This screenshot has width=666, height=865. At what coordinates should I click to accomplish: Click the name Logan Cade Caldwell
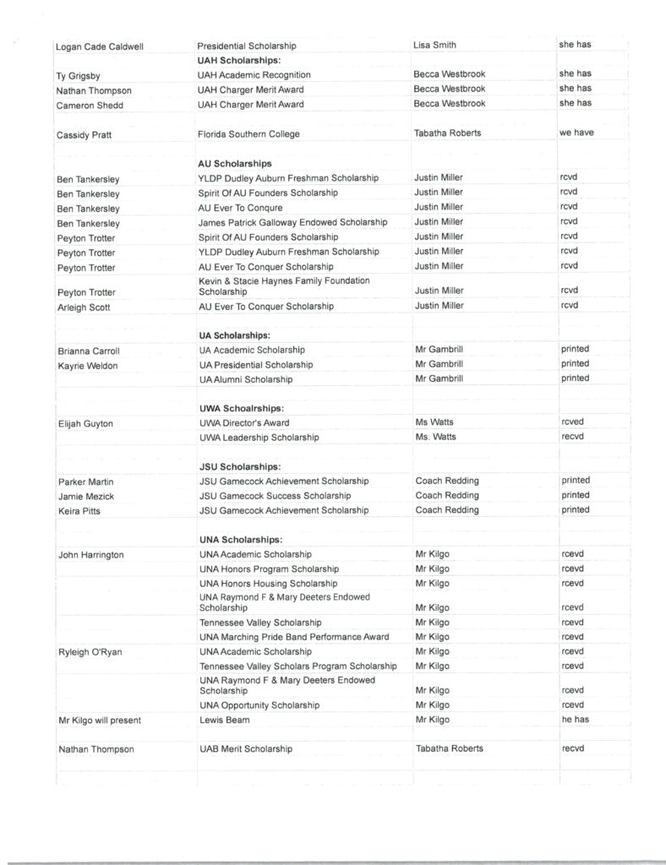point(100,46)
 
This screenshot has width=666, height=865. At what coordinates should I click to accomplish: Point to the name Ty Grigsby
point(78,75)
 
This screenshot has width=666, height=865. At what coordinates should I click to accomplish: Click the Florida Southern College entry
point(248,133)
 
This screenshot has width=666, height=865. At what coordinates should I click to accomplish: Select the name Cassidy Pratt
point(86,133)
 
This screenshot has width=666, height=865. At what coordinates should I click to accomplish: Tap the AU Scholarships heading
point(234,163)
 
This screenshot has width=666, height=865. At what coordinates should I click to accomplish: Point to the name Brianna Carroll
point(88,351)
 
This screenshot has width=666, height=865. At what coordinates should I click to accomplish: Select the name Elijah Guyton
point(85,423)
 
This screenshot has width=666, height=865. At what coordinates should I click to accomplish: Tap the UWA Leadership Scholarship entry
point(259,438)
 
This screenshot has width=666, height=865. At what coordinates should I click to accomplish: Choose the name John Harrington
point(90,555)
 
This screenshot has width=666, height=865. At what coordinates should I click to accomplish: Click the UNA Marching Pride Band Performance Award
point(293,637)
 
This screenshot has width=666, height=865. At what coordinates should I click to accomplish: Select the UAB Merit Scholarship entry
point(246,749)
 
